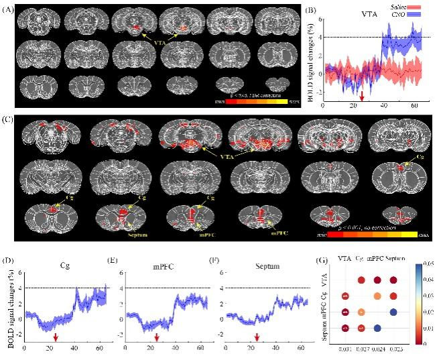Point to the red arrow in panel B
[x=362, y=96]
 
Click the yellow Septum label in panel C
[x=121, y=235]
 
